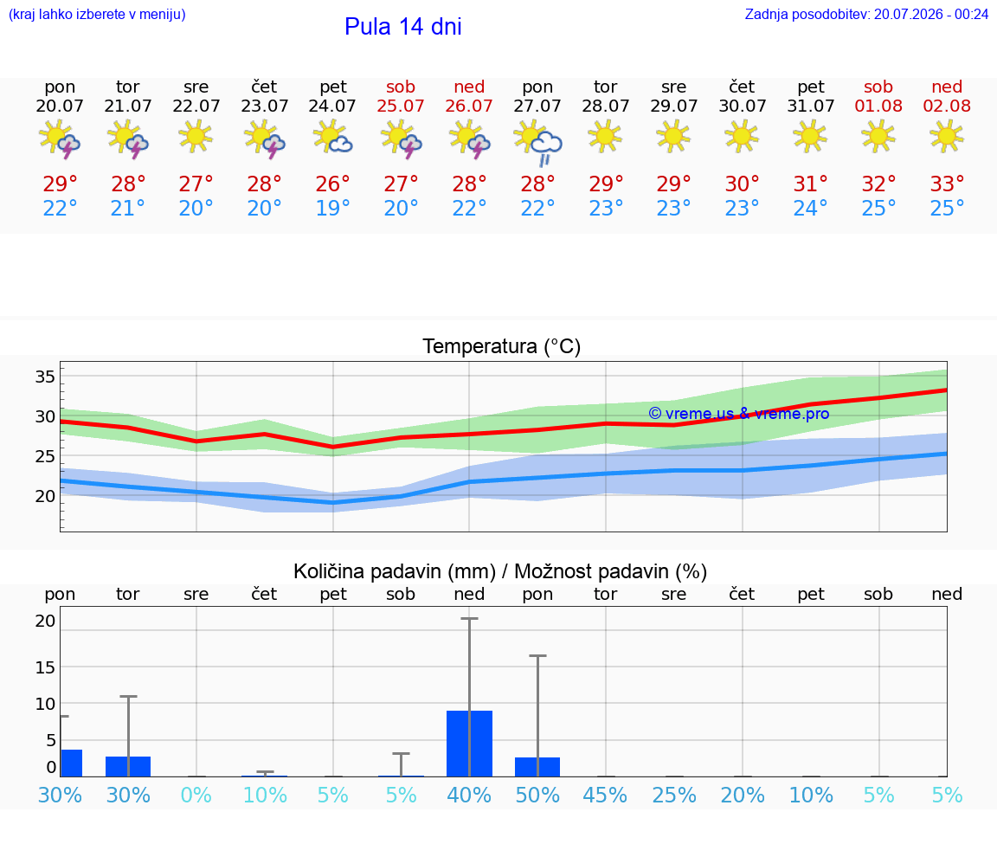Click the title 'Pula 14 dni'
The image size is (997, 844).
point(402,27)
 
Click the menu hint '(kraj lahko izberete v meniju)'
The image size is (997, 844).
point(97,15)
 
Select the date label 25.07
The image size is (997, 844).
point(401,106)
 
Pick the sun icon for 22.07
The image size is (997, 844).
point(196,136)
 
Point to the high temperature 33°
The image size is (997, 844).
point(947,184)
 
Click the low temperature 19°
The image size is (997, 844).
point(332,208)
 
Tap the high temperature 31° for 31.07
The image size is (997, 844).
point(810,184)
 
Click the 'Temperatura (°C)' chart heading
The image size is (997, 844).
point(502,346)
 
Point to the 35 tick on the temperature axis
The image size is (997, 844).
point(45,377)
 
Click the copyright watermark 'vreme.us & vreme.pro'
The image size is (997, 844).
point(739,414)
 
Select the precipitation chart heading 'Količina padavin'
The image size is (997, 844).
point(395,571)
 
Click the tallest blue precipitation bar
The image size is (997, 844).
point(469,744)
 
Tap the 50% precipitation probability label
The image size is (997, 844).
point(537,795)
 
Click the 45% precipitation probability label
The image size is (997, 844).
point(605,795)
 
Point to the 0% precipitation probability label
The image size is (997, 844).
point(196,795)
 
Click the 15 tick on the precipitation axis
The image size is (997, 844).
point(45,667)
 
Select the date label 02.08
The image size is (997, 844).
point(947,106)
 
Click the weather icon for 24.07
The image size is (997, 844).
point(332,138)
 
